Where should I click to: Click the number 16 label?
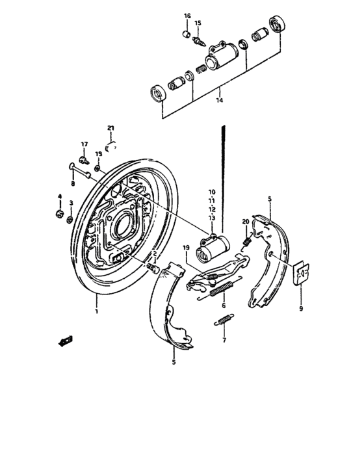pos(187,16)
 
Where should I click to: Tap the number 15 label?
pos(198,23)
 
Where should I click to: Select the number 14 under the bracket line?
pos(219,101)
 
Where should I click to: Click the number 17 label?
pos(84,144)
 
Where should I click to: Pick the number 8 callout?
pos(73,184)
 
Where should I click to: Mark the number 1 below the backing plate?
pos(96,312)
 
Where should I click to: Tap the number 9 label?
pos(300,309)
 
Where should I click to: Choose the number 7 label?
pos(224,339)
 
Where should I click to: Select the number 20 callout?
pos(246,222)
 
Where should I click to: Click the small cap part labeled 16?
pos(186,32)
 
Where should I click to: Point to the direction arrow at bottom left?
pos(65,338)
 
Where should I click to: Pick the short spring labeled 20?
pos(247,240)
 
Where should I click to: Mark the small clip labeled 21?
pos(110,142)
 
